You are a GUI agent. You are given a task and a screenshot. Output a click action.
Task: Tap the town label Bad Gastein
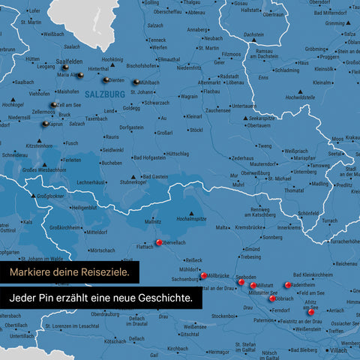[x=155, y=176]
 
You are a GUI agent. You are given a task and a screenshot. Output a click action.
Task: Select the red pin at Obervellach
[x=159, y=242]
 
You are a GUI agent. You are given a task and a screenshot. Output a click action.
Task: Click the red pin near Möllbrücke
[x=203, y=276]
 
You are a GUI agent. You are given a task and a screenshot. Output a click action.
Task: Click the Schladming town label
[x=286, y=70]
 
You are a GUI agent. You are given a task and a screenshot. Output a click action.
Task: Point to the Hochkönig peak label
[x=112, y=59]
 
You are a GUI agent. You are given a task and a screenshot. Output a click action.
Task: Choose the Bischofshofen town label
[x=142, y=65]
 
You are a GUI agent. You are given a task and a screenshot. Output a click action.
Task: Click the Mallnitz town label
[x=153, y=222]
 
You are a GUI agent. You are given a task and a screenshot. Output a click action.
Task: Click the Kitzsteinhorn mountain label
[x=38, y=145]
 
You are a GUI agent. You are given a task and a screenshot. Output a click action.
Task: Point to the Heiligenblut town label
[x=83, y=208]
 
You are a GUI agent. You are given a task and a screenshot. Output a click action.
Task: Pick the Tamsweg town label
[x=319, y=165]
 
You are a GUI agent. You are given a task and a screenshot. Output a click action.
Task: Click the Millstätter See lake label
[x=265, y=293]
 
